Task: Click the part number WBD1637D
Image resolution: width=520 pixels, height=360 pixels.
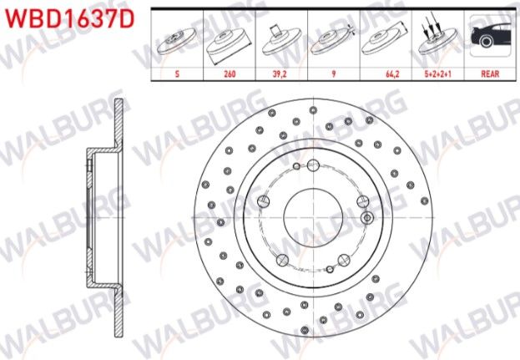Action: [x=69, y=18]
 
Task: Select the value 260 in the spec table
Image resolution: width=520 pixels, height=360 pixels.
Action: [x=230, y=74]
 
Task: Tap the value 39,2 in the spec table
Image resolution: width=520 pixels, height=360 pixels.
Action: [x=280, y=74]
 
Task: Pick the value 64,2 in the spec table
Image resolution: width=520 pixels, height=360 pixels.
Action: [x=392, y=74]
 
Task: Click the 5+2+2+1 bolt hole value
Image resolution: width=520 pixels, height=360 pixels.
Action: [x=437, y=74]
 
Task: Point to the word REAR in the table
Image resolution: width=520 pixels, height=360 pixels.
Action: [x=490, y=74]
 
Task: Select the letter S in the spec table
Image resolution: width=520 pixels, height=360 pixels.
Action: [x=177, y=74]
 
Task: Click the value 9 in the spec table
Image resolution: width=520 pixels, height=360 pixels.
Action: [x=334, y=74]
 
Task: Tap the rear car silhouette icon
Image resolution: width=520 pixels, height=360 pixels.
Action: [x=490, y=36]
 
